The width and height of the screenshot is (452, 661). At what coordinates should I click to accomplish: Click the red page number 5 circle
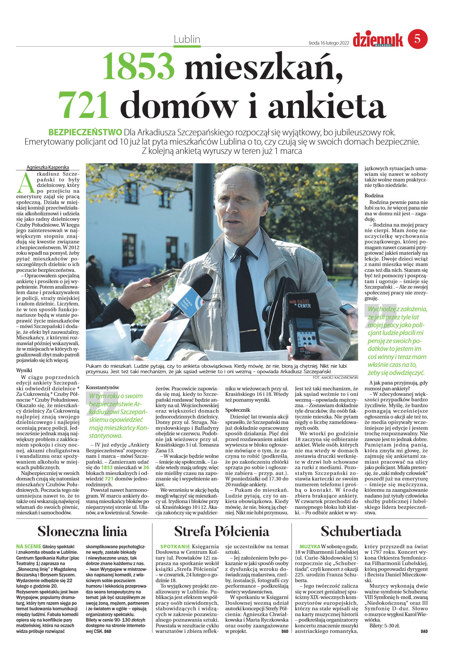[x=417, y=39]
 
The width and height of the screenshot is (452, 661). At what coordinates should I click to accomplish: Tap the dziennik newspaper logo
[x=378, y=40]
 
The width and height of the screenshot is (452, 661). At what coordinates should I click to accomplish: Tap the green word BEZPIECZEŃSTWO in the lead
[x=85, y=132]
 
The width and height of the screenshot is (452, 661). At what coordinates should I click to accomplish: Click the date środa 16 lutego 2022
[x=329, y=43]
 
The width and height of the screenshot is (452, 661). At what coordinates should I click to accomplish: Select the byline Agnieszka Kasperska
[x=48, y=167]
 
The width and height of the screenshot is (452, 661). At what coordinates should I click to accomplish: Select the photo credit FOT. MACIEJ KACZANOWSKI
[x=335, y=378]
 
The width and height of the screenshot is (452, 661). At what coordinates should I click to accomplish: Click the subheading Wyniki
[x=24, y=370]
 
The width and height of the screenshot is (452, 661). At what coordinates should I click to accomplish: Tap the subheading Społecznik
[x=237, y=410]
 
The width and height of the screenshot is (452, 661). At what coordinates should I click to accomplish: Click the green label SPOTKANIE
[x=175, y=547]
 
